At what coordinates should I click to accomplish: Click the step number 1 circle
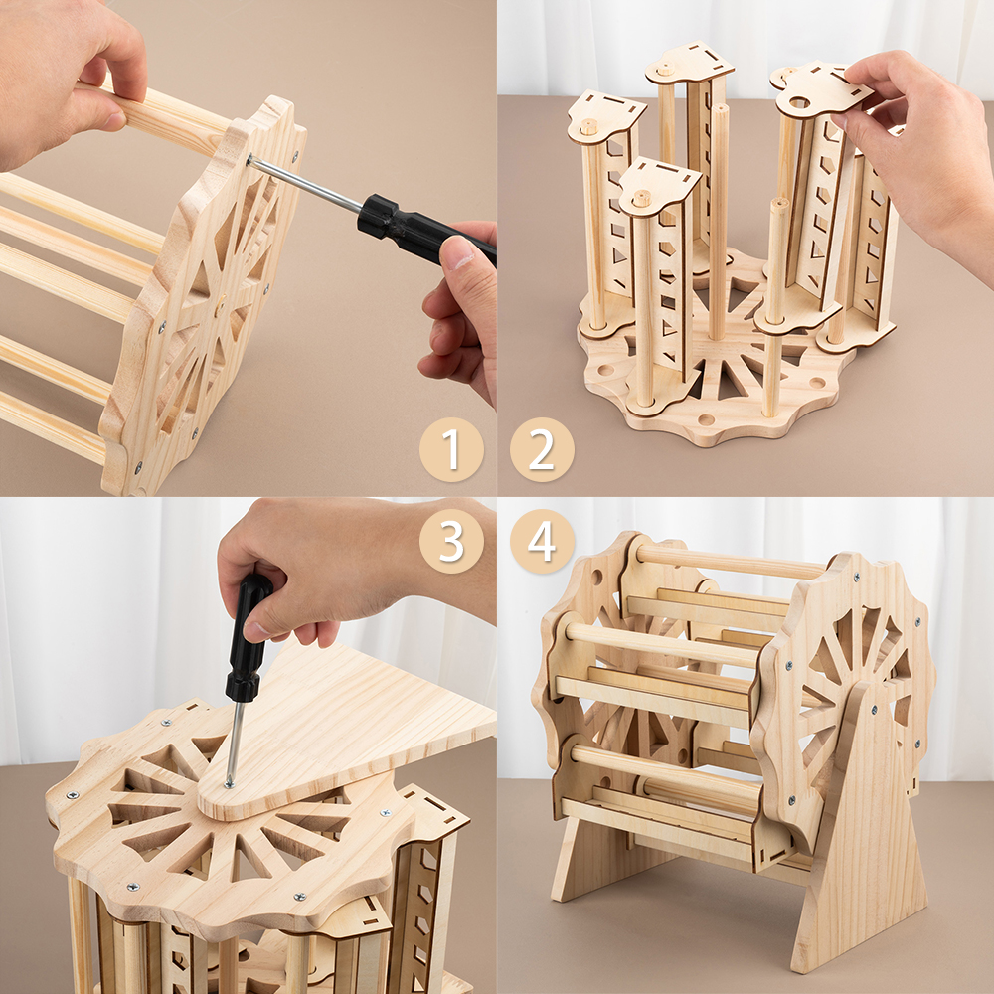(451, 449)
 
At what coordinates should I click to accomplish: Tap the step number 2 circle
(542, 449)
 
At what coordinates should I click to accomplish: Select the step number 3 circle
(451, 542)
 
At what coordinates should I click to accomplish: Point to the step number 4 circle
(542, 542)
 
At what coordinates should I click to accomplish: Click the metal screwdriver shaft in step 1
(305, 184)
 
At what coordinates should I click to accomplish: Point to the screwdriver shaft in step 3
(234, 743)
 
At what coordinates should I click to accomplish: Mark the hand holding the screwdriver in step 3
(355, 571)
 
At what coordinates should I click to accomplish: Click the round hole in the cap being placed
(799, 101)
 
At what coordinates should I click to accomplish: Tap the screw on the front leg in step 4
(873, 710)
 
